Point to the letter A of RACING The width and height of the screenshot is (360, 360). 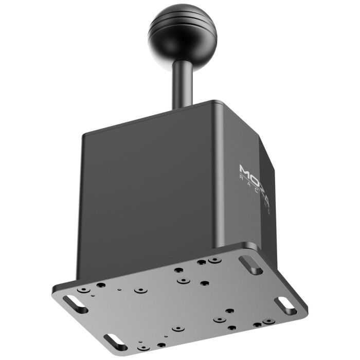(247, 183)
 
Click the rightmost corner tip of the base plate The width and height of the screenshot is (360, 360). (308, 309)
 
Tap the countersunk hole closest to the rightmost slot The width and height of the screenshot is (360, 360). (266, 322)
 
